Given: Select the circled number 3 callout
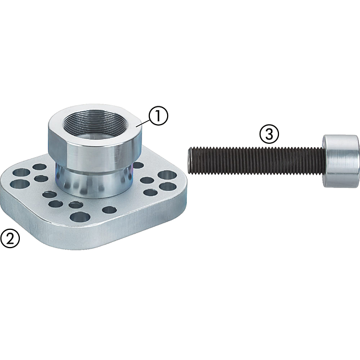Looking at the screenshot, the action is point(270,134).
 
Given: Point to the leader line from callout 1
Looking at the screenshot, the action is point(143,123).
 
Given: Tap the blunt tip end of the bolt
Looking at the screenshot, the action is point(190,160).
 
